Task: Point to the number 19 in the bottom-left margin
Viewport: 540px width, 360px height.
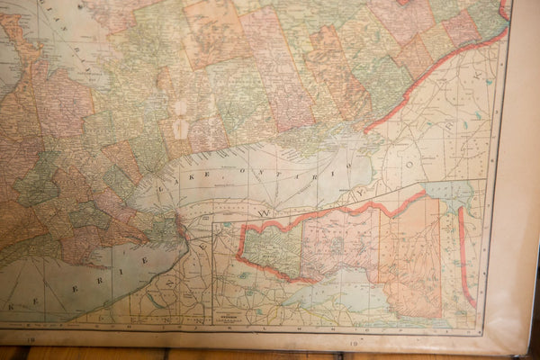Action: pos(31,340)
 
